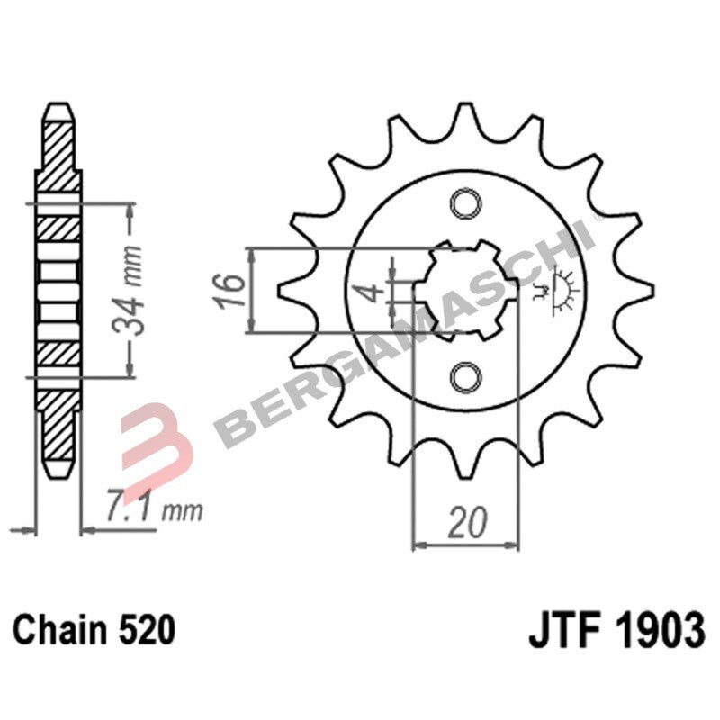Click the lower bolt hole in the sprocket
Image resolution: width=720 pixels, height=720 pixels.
[466, 376]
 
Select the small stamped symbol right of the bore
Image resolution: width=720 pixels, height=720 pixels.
[558, 290]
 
